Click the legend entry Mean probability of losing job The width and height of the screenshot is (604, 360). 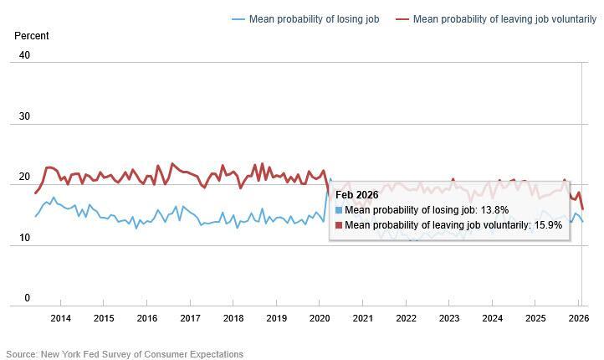[314, 19]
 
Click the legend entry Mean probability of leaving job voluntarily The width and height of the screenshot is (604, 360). [501, 19]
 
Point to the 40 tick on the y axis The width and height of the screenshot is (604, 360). [23, 55]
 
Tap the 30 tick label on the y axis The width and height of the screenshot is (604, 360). [23, 116]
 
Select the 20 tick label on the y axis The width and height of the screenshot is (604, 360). [23, 177]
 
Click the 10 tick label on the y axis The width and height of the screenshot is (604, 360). [23, 239]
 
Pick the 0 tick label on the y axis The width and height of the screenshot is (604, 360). [27, 299]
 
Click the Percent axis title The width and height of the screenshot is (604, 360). [32, 36]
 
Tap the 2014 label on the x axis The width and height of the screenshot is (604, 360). [60, 318]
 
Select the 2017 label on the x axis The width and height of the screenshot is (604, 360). [190, 318]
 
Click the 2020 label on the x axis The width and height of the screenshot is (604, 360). [320, 318]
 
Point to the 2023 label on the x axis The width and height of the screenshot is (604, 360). [449, 318]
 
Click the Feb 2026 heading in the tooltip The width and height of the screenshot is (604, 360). [357, 195]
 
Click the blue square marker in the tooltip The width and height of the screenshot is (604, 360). [339, 210]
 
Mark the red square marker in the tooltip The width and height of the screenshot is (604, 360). [339, 224]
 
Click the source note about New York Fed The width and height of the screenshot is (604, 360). [125, 354]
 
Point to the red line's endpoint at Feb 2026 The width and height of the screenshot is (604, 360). [582, 209]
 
